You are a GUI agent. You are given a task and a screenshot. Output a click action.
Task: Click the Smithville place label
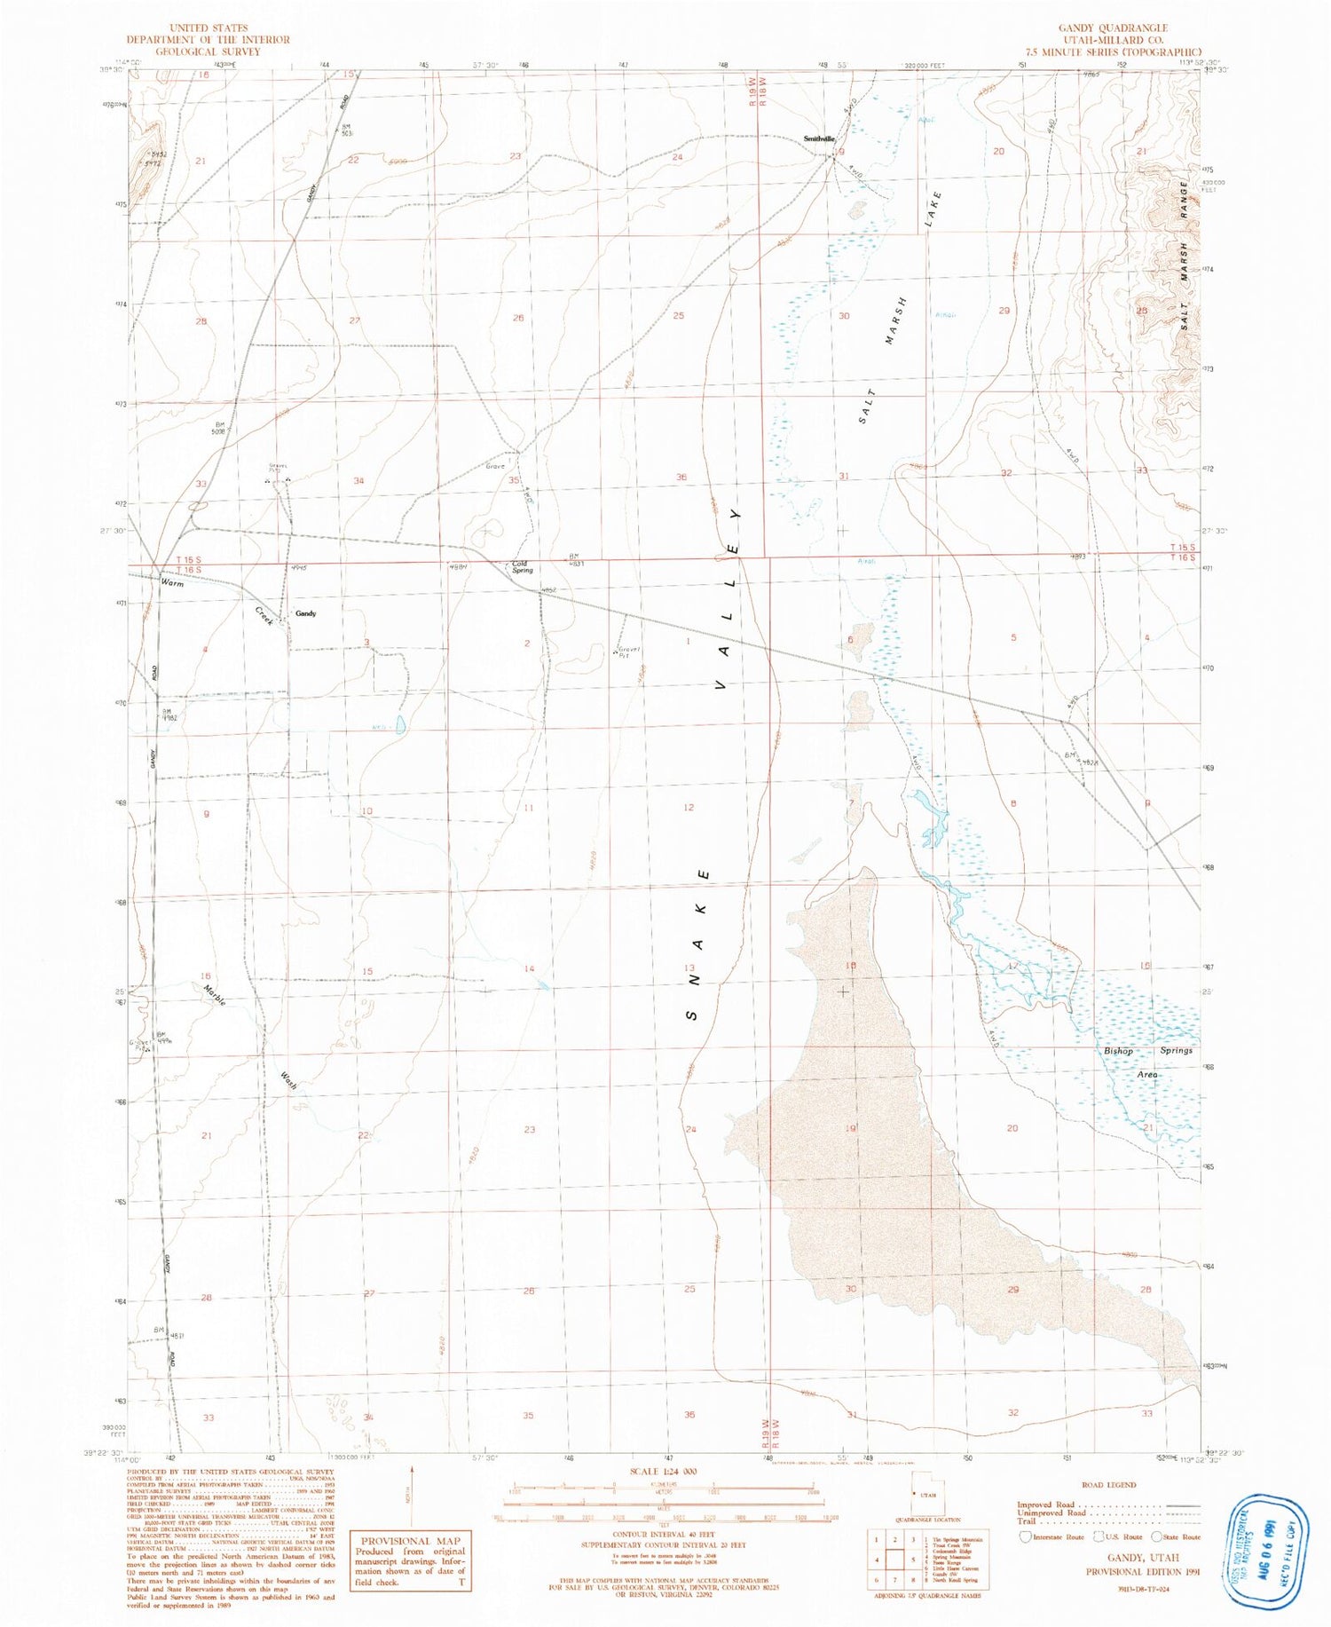[x=818, y=139]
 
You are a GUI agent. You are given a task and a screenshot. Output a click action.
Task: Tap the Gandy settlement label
[x=305, y=613]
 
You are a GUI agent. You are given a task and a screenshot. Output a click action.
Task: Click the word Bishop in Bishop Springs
[x=1118, y=1051]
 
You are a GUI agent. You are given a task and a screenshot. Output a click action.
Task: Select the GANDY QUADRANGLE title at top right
[x=1113, y=28]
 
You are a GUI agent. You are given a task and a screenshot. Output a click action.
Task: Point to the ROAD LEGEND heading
[x=1109, y=1484]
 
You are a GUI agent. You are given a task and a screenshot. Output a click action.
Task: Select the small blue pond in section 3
[x=400, y=725]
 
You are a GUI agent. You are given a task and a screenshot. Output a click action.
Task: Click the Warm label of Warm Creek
[x=171, y=583]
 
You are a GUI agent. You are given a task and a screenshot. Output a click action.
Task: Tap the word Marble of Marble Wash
[x=214, y=995]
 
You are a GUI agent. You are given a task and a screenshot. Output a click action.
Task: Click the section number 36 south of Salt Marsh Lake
[x=681, y=478]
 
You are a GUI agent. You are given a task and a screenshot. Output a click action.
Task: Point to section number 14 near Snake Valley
[x=529, y=968]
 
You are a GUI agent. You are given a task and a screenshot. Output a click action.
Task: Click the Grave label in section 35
[x=494, y=466]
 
